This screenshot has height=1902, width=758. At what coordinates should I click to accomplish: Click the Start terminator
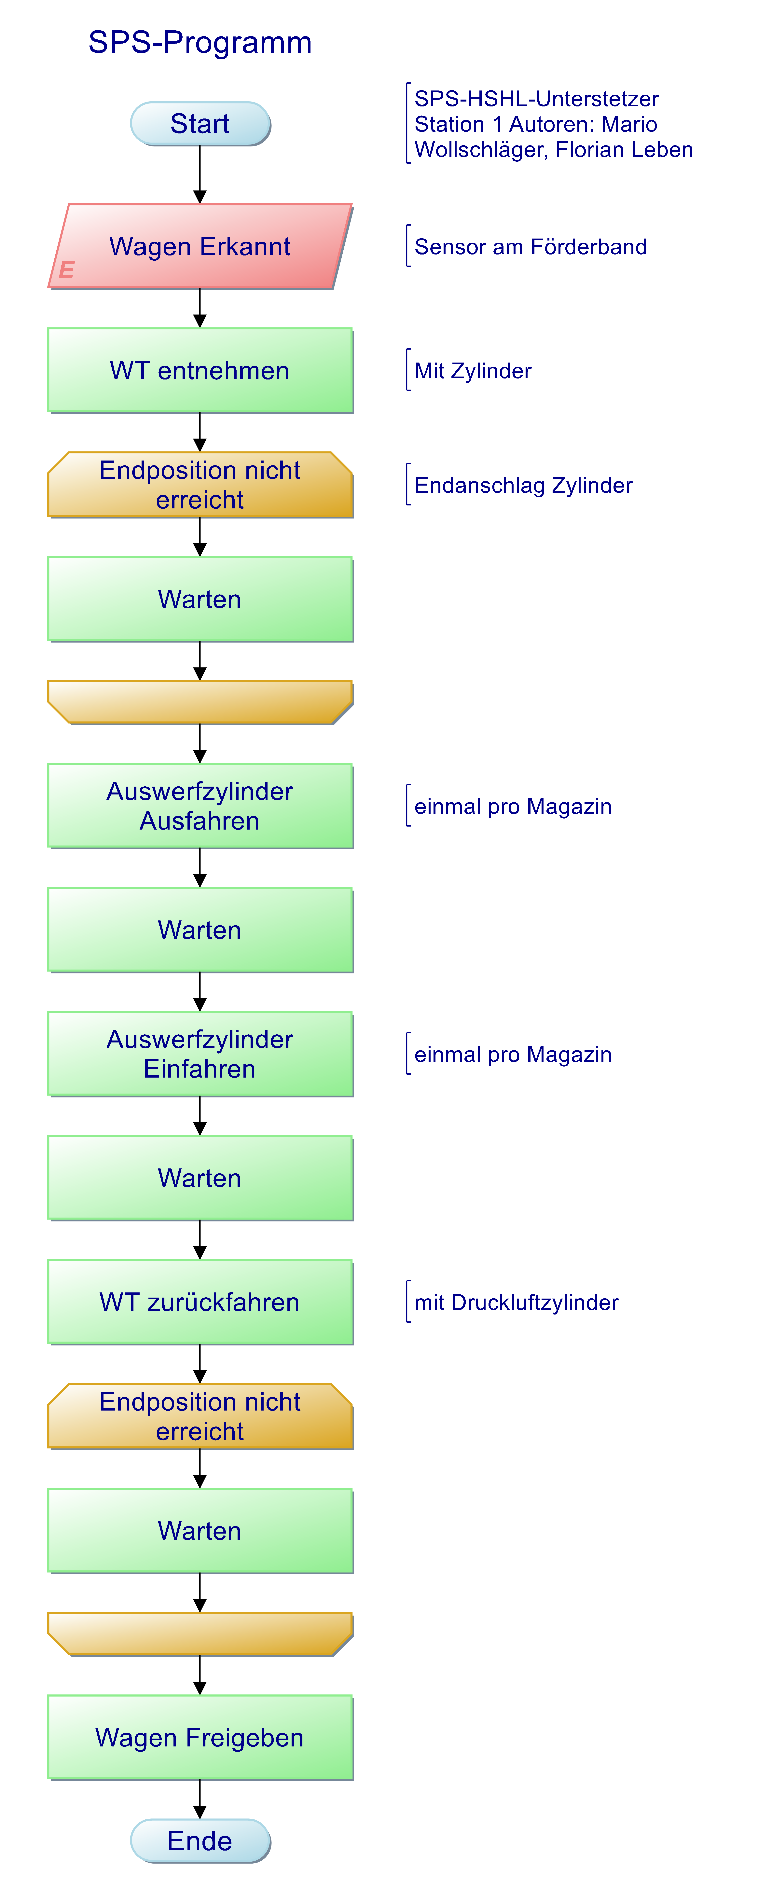[x=200, y=123]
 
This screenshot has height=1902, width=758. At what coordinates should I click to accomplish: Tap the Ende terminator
[x=200, y=1841]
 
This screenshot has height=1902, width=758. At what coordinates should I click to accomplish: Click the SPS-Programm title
[x=200, y=42]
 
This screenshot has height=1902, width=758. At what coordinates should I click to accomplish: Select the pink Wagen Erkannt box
[x=200, y=246]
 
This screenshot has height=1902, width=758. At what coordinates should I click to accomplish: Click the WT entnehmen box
[x=200, y=370]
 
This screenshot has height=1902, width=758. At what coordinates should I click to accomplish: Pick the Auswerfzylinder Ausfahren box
[x=200, y=806]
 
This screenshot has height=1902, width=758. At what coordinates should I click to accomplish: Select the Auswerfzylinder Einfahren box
[x=200, y=1054]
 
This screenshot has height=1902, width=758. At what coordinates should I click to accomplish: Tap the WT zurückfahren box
[x=200, y=1302]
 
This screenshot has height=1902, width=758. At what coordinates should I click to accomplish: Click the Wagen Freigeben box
[x=200, y=1737]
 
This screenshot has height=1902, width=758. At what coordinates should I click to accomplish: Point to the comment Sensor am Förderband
[x=531, y=247]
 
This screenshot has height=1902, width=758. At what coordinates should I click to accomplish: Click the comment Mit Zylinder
[x=472, y=371]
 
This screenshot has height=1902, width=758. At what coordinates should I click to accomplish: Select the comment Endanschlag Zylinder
[x=523, y=485]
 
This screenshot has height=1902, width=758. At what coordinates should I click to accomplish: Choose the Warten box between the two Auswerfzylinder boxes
[x=200, y=930]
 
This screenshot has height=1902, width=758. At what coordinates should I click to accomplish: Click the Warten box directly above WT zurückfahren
[x=200, y=1178]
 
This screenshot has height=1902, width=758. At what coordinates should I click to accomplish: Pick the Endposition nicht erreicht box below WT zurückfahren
[x=200, y=1416]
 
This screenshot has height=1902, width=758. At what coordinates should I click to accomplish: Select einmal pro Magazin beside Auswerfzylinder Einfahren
[x=513, y=1054]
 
